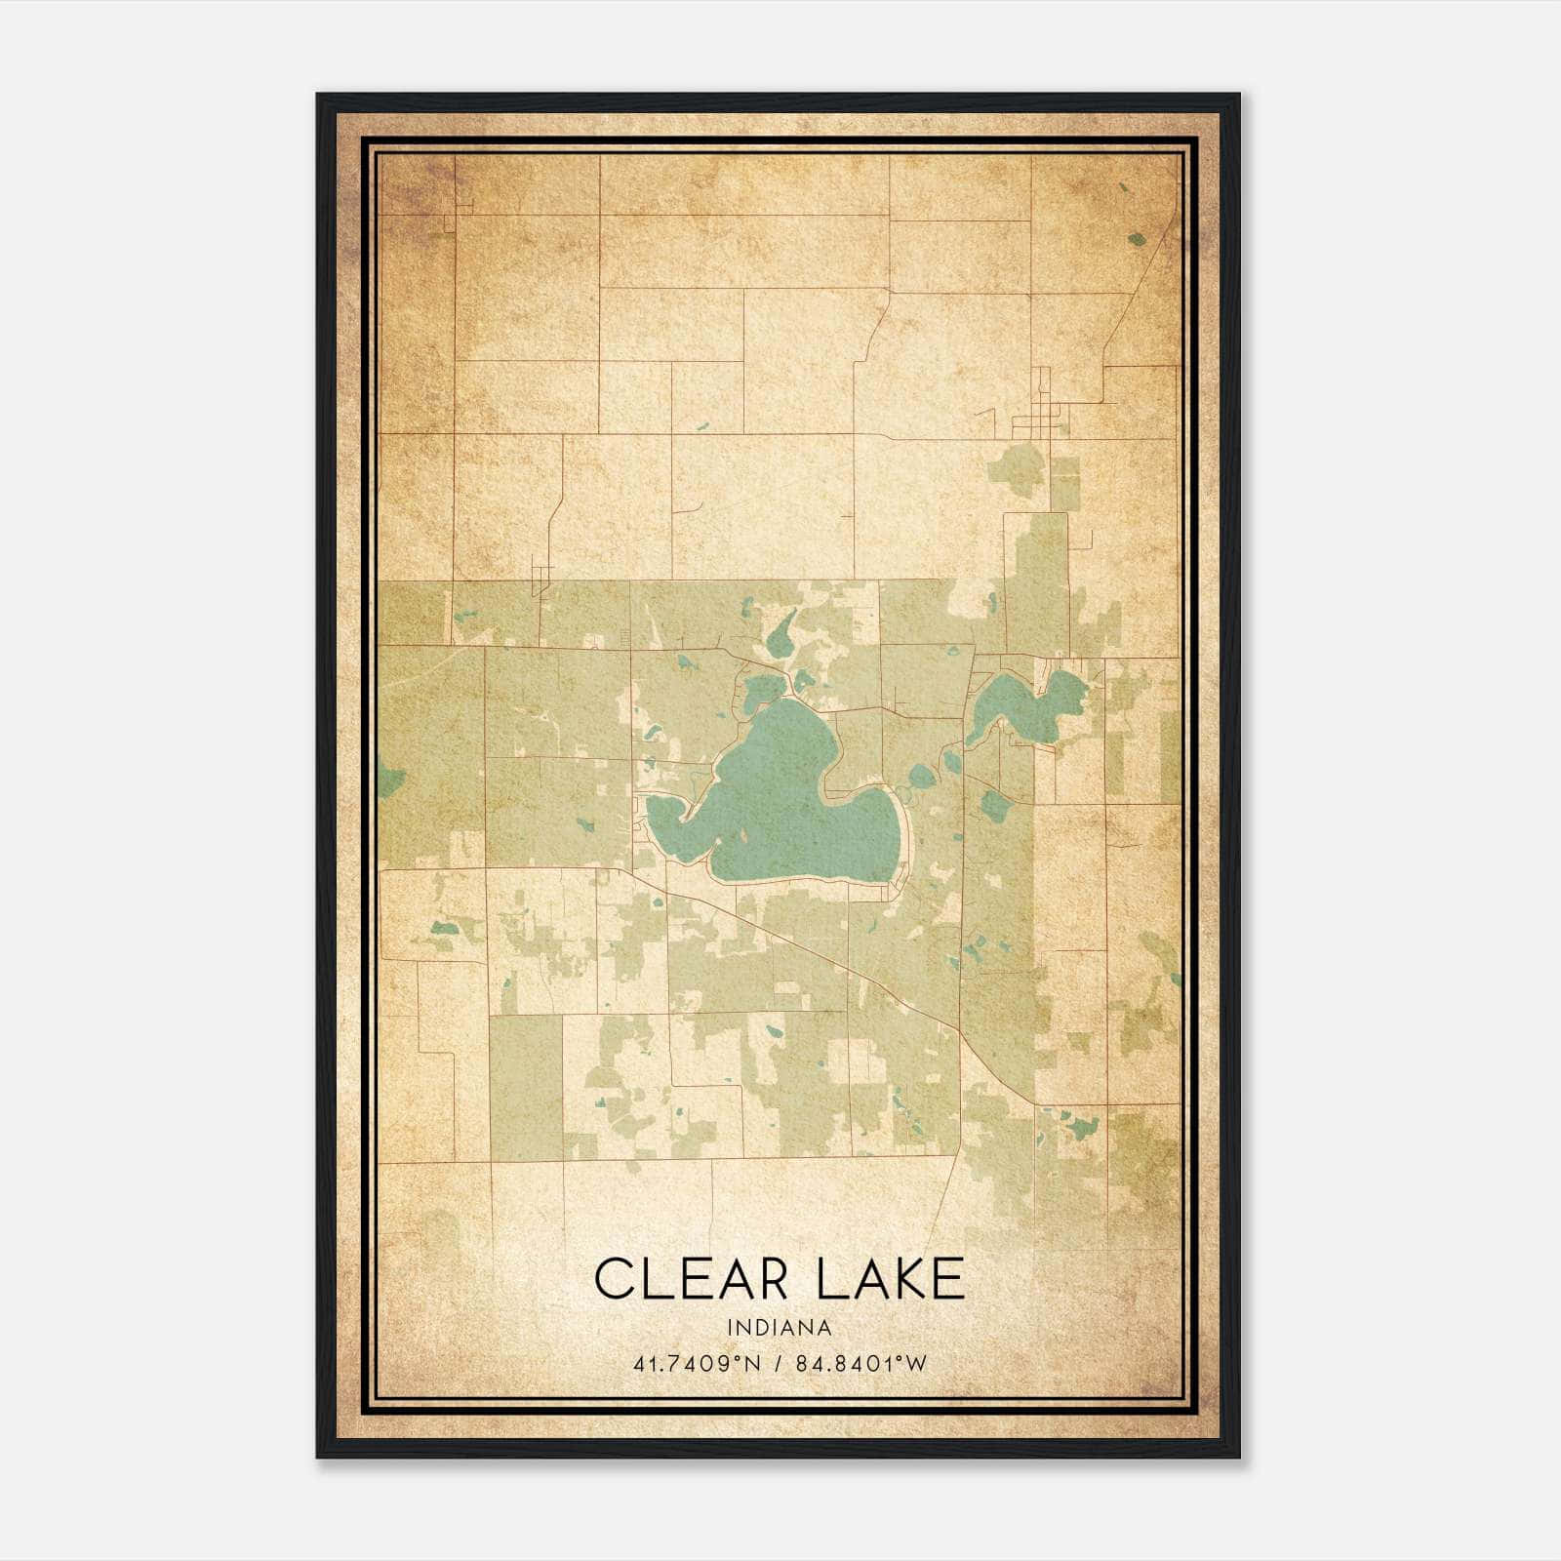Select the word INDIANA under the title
(779, 1328)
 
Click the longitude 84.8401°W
(861, 1363)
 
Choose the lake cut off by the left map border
(389, 780)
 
